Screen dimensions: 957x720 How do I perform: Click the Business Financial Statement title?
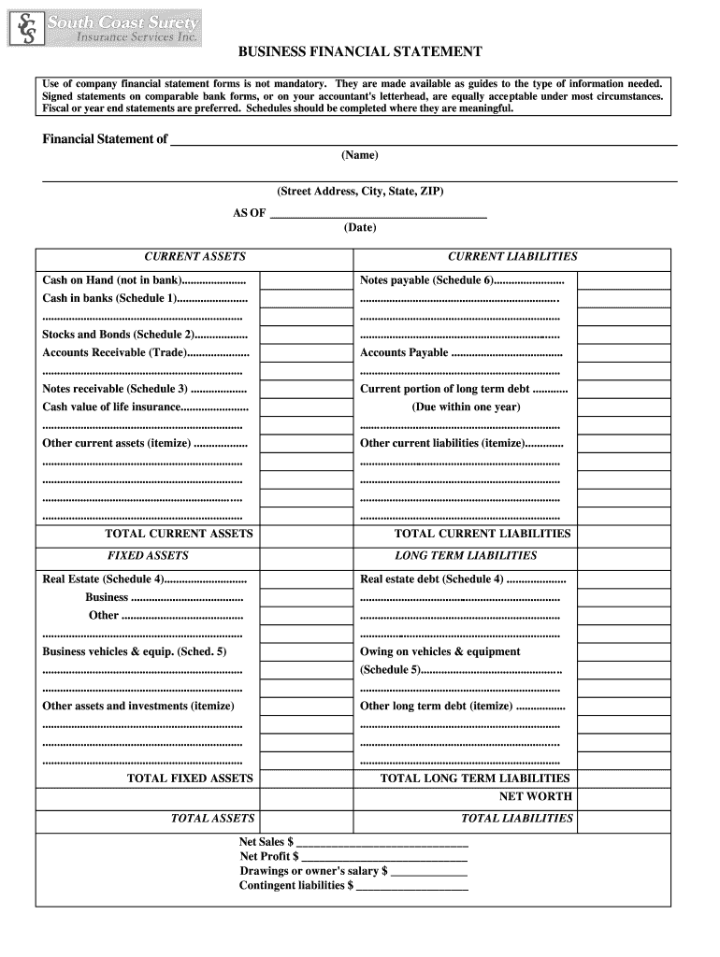[x=359, y=52]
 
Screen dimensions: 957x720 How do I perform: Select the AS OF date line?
[x=378, y=214]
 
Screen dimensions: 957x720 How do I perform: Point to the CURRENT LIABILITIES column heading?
[x=512, y=257]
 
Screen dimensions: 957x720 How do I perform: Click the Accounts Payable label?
[x=404, y=353]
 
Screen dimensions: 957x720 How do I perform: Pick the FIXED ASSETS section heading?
[x=148, y=556]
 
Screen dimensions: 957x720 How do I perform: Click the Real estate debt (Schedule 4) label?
[x=431, y=579]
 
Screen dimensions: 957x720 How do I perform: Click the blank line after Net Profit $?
[x=384, y=857]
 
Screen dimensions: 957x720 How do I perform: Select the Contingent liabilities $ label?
[x=296, y=886]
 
